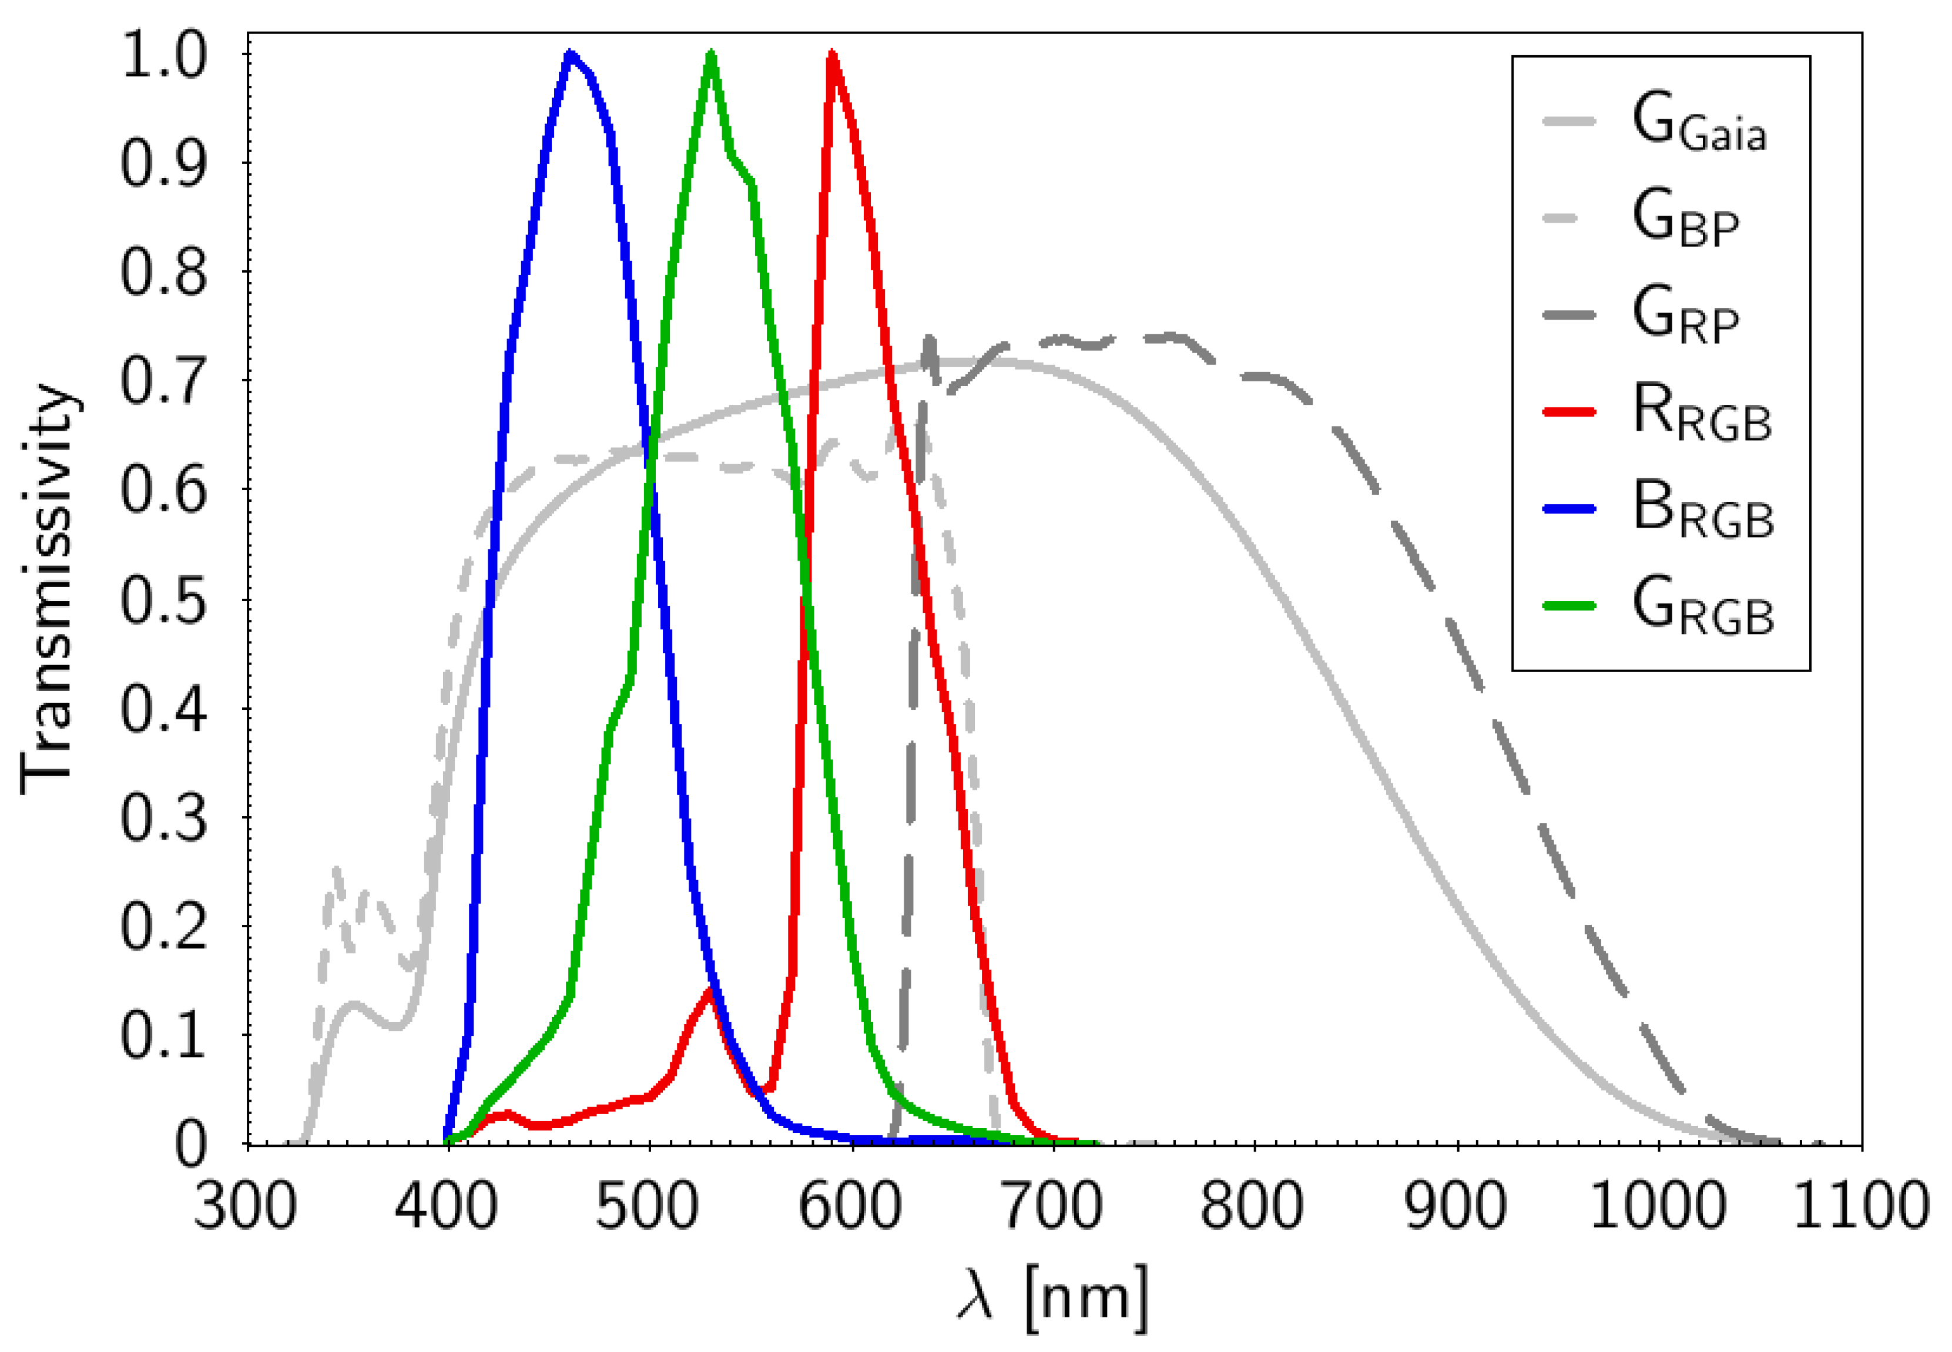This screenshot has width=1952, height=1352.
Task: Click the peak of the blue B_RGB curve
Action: tap(570, 55)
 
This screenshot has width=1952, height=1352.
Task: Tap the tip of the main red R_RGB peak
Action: tap(832, 55)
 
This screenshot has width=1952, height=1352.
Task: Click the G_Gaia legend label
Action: tap(1699, 127)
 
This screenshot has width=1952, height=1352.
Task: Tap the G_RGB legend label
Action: tap(1703, 610)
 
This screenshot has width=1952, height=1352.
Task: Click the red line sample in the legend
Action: tap(1569, 412)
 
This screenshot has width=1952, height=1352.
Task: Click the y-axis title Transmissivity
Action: tap(49, 589)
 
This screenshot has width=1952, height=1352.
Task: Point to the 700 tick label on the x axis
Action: tap(1052, 1206)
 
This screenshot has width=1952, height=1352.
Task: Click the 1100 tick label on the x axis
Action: tap(1860, 1206)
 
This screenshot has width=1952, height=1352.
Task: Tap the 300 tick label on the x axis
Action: tap(246, 1206)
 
